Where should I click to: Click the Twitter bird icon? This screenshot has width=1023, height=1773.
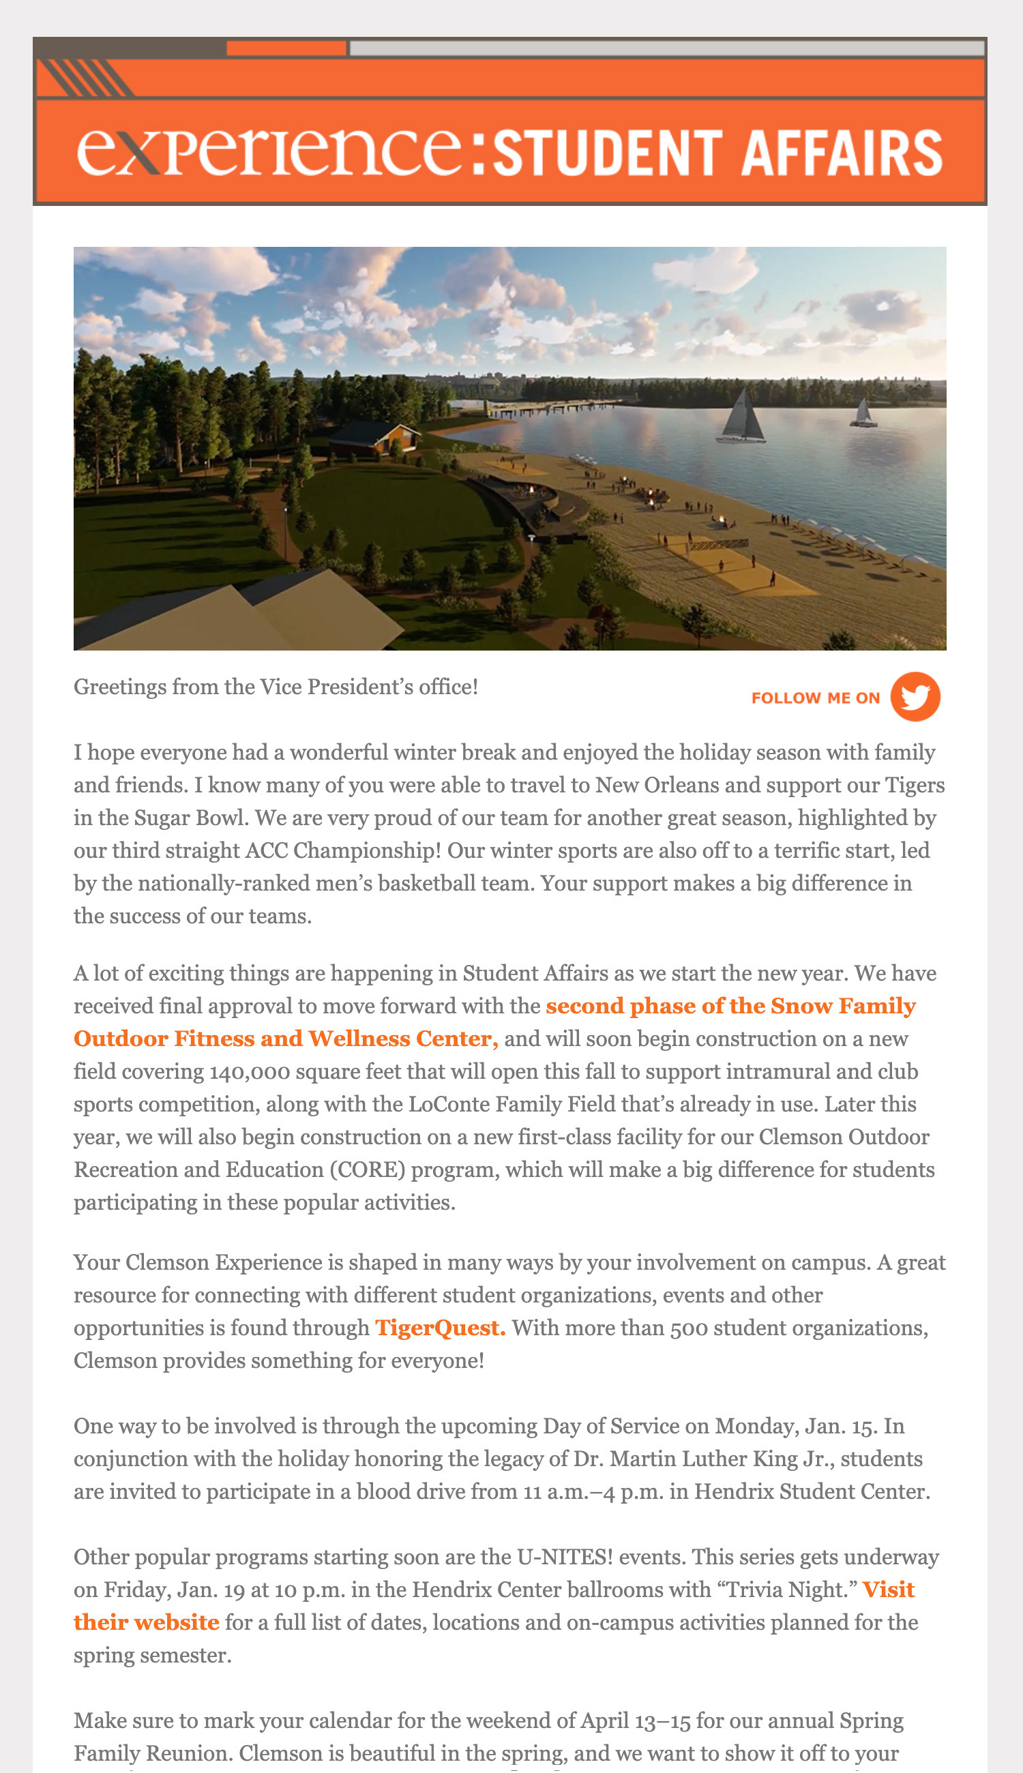click(915, 696)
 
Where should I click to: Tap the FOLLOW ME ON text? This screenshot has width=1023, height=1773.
click(815, 698)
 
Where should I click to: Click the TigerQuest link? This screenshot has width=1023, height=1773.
click(440, 1328)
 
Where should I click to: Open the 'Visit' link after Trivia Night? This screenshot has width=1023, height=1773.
click(888, 1590)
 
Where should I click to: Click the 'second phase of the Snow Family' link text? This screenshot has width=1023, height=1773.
click(730, 1006)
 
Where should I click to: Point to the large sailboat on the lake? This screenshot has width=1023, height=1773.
click(742, 418)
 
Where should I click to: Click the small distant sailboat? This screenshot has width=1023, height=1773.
click(863, 414)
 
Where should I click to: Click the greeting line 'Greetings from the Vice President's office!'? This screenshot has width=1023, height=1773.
click(276, 686)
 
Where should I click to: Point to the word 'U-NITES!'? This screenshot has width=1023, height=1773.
click(565, 1557)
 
